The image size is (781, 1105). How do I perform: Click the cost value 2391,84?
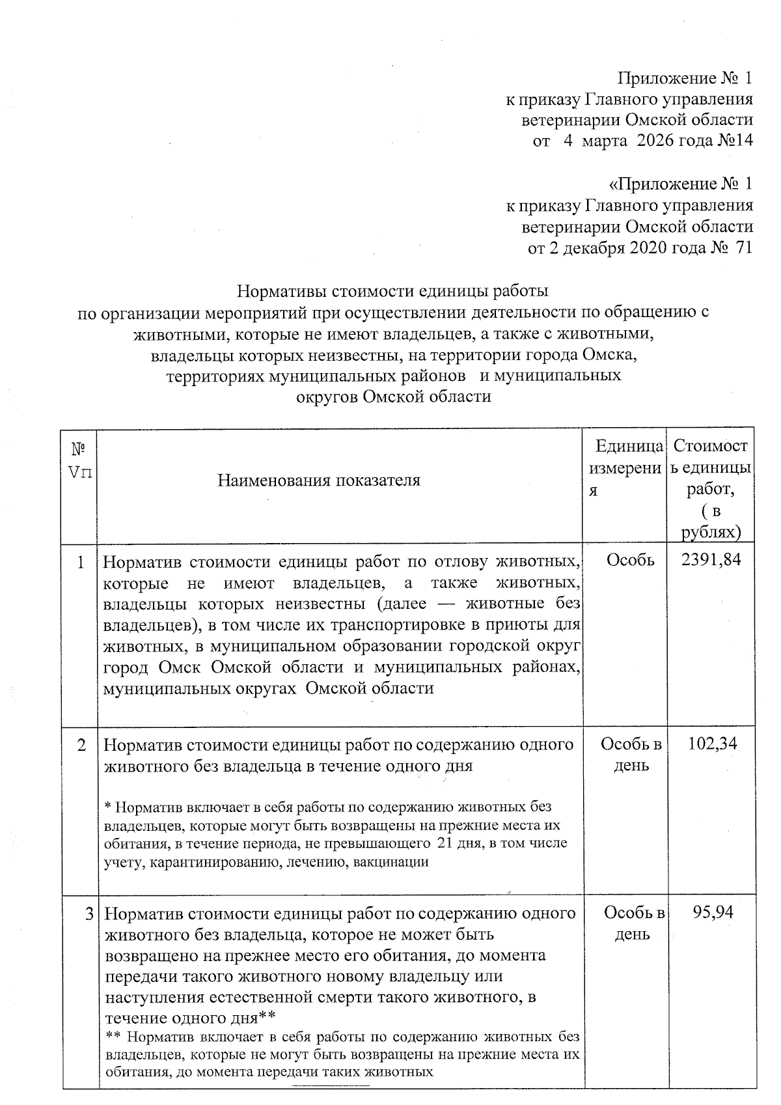pyautogui.click(x=711, y=559)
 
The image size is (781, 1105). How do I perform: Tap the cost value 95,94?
pyautogui.click(x=713, y=912)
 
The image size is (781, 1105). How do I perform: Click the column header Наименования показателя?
pyautogui.click(x=318, y=481)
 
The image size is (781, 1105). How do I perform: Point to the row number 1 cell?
pyautogui.click(x=81, y=562)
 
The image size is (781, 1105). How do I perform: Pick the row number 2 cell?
pyautogui.click(x=81, y=745)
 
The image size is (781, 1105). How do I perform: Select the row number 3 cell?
pyautogui.click(x=89, y=914)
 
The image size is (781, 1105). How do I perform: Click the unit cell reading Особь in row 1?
pyautogui.click(x=630, y=559)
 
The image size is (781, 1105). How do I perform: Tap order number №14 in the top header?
pyautogui.click(x=735, y=141)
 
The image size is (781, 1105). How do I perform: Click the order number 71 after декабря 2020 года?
pyautogui.click(x=742, y=248)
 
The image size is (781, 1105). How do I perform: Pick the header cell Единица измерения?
pyautogui.click(x=625, y=469)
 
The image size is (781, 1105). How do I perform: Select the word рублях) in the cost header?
pyautogui.click(x=711, y=532)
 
